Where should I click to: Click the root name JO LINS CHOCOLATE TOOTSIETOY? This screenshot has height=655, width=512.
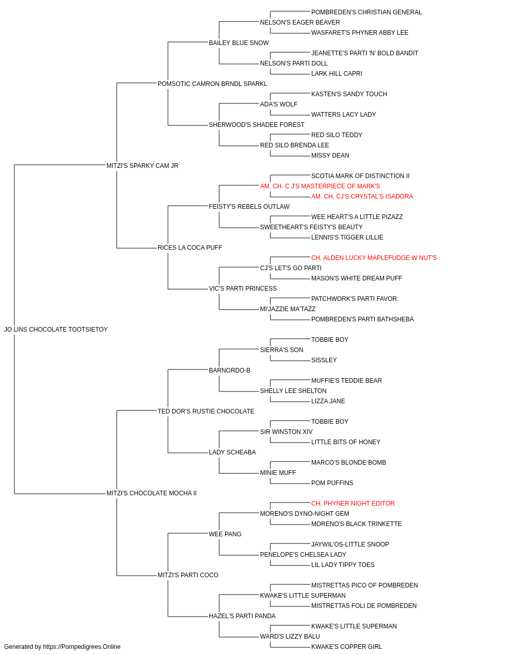(56, 330)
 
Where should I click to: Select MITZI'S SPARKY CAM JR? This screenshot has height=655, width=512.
(142, 166)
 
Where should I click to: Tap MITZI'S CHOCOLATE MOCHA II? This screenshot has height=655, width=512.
(152, 493)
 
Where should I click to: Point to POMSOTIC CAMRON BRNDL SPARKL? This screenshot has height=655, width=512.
(212, 84)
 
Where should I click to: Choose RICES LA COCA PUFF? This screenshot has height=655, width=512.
(190, 248)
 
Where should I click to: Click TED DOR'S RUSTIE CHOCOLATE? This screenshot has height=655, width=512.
(206, 411)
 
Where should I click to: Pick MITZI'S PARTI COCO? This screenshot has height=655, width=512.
(188, 575)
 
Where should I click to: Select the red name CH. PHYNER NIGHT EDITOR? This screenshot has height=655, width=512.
(353, 504)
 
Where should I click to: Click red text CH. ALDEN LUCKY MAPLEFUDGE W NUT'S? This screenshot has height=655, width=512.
(374, 258)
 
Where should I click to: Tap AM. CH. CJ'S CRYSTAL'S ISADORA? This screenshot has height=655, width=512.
(362, 196)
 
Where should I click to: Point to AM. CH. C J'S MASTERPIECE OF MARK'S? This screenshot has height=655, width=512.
(320, 186)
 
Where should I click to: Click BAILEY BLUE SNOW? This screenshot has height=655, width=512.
(239, 43)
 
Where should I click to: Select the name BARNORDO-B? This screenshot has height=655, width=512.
(230, 370)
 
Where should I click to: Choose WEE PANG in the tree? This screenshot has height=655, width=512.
(225, 534)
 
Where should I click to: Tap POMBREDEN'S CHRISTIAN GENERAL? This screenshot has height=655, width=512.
(367, 12)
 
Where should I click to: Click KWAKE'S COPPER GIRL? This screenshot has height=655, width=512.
(347, 647)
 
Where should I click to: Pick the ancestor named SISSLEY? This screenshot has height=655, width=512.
(324, 360)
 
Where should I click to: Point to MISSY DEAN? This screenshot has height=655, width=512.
(330, 156)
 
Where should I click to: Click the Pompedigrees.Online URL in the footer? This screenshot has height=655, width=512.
(81, 647)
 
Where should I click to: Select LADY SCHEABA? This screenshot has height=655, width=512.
(232, 452)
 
